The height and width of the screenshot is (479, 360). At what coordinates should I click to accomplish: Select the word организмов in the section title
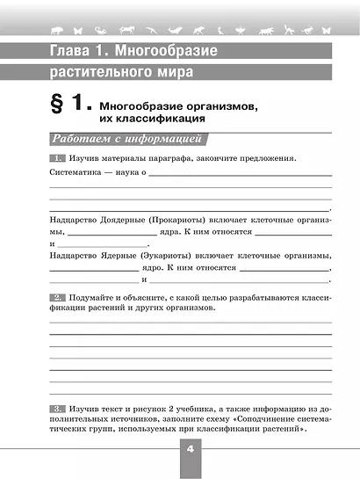pyautogui.click(x=221, y=105)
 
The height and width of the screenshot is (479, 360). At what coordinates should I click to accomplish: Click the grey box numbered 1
pyautogui.click(x=58, y=158)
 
